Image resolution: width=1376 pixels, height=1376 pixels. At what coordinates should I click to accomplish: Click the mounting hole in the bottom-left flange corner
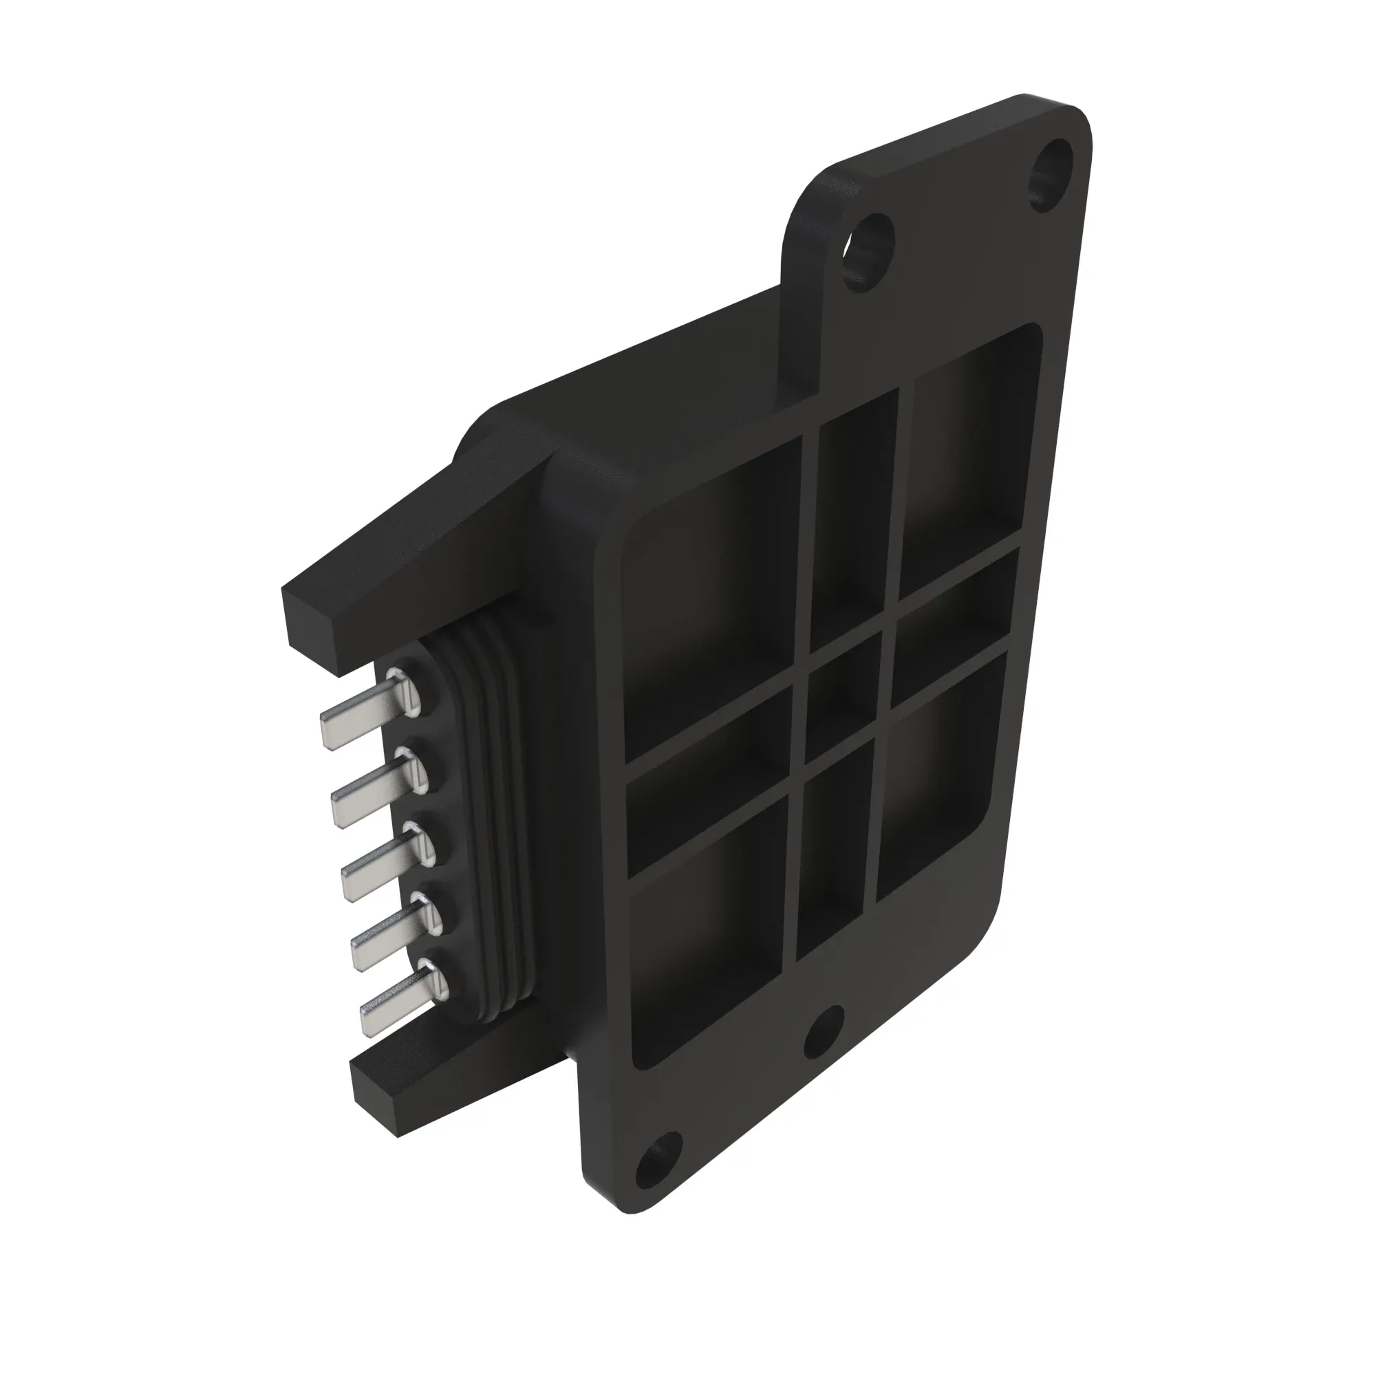654,1166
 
